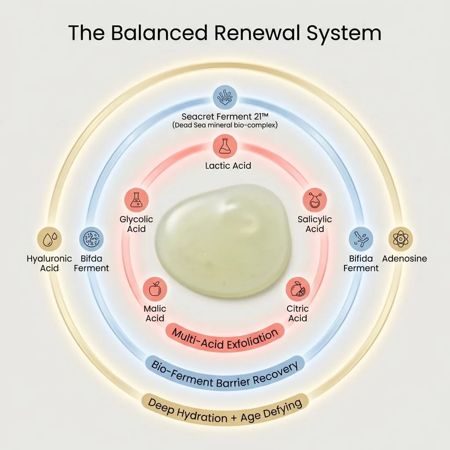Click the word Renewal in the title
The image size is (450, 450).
(x=257, y=33)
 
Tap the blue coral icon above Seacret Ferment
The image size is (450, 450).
(x=225, y=97)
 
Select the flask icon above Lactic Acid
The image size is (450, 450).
(x=225, y=146)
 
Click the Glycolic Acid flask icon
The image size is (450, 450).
(x=136, y=200)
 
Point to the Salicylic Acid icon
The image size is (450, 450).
(x=315, y=200)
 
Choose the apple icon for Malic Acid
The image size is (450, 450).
(x=155, y=289)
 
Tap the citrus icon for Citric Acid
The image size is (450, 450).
(x=298, y=289)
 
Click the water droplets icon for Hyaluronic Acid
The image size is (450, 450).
(x=49, y=239)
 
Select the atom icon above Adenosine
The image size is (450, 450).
(x=401, y=239)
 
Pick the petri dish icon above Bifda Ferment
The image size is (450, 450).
(x=91, y=239)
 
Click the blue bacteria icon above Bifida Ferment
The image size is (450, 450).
(x=361, y=239)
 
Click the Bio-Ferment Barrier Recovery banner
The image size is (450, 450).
(x=225, y=374)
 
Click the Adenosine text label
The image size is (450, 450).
(x=404, y=258)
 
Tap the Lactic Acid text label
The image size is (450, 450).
(x=228, y=166)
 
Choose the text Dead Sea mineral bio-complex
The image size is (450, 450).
(x=225, y=125)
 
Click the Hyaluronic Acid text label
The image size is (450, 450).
(x=49, y=263)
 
